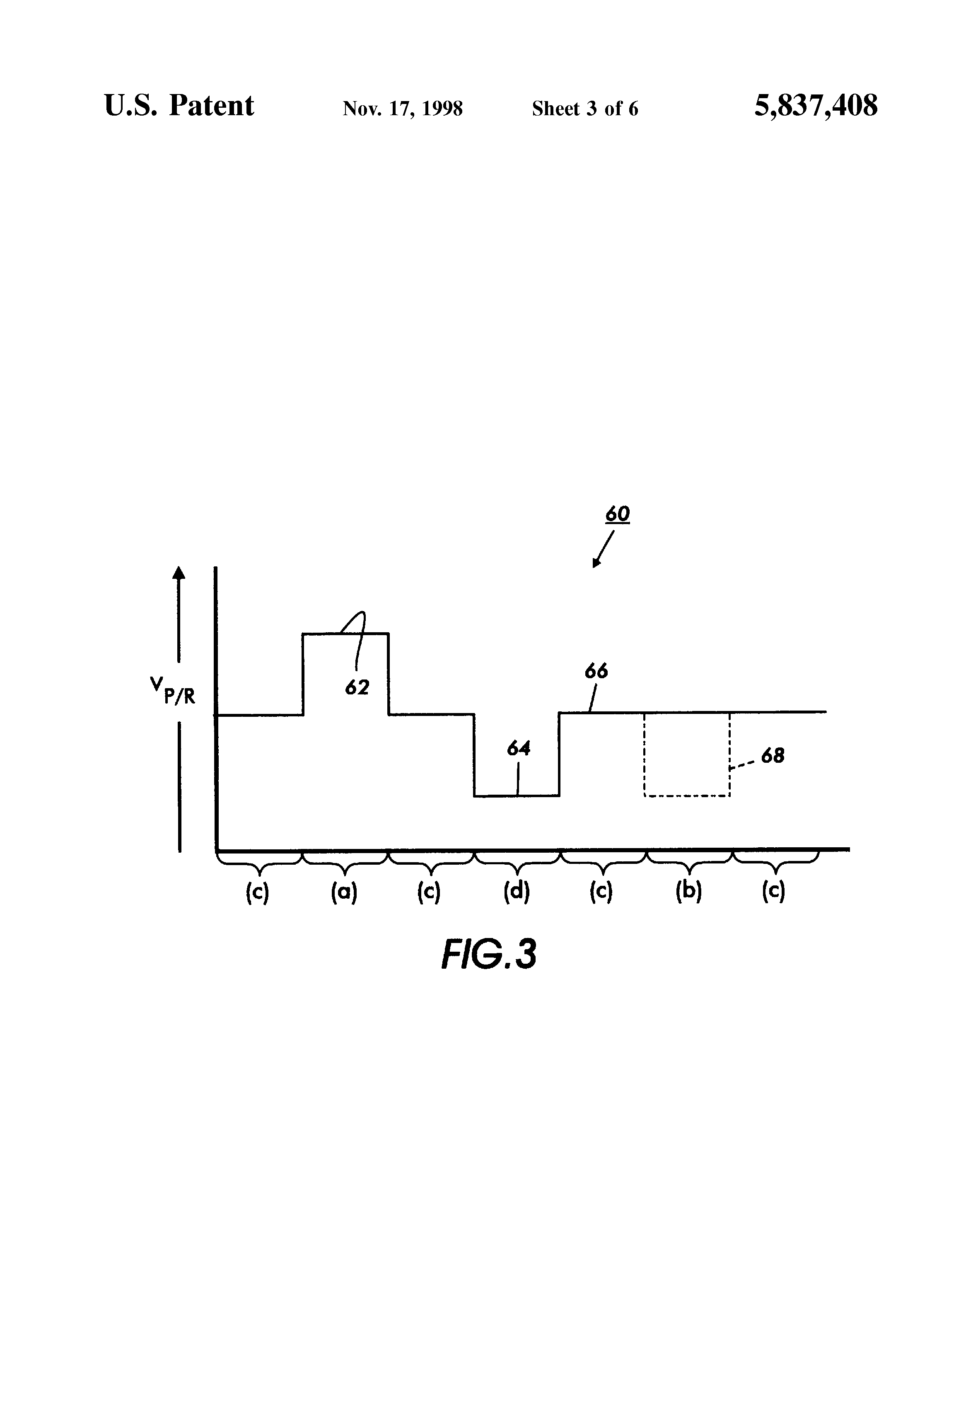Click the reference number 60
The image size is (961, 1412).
617,514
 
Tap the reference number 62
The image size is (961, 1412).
357,687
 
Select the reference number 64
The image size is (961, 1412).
519,749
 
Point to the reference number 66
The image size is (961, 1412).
596,671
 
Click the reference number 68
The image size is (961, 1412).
772,756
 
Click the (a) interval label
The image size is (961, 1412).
344,892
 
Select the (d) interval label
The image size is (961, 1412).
517,892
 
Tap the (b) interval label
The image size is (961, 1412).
688,892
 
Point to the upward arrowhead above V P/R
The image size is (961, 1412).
178,572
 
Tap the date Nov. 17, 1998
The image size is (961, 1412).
403,109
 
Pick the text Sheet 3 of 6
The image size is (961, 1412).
585,109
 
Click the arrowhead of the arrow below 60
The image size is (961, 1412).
596,563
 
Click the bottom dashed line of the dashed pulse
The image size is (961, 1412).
686,796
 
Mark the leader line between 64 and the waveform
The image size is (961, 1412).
518,778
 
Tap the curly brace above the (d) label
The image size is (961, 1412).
517,859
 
